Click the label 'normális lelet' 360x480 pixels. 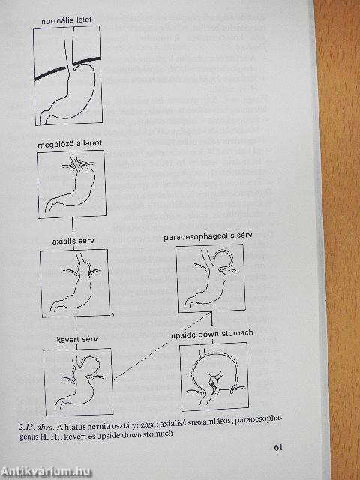(67, 21)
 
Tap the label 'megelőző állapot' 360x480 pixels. (70, 144)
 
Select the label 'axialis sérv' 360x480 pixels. (73, 241)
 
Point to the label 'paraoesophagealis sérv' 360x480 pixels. (208, 236)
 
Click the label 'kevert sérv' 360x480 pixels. (77, 339)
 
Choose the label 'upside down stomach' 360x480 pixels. (212, 334)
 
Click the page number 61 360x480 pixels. (278, 447)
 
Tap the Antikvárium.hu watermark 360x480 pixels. (46, 472)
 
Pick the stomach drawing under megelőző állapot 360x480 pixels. (72, 184)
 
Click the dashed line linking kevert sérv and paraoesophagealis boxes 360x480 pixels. (162, 346)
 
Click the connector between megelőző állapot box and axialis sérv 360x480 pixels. (73, 227)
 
